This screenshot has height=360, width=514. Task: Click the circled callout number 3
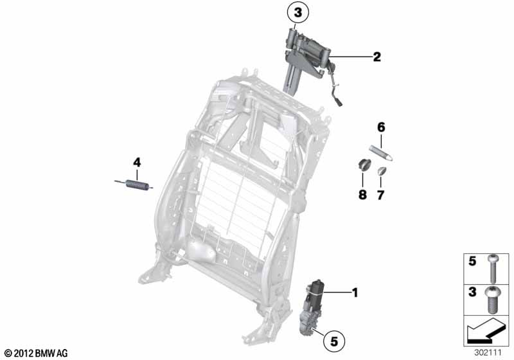tap(297, 13)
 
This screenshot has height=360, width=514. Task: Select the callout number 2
tap(377, 57)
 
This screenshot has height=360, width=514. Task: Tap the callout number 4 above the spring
tap(137, 162)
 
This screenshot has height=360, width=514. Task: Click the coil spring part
tap(134, 184)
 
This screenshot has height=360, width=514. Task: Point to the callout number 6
tap(381, 127)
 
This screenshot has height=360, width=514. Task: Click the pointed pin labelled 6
tap(381, 153)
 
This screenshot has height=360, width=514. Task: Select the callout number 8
tap(362, 195)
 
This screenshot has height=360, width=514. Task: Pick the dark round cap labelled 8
tap(364, 165)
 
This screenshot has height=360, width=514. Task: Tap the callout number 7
tap(380, 195)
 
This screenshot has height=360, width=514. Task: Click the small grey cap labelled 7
tap(382, 171)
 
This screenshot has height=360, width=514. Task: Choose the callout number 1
tap(355, 292)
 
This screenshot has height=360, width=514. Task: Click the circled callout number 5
tap(333, 341)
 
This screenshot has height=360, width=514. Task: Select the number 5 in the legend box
tap(472, 261)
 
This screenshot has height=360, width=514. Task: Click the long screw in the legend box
tap(492, 269)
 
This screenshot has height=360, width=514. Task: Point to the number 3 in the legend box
tap(472, 292)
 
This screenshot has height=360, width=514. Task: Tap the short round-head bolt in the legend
tap(492, 299)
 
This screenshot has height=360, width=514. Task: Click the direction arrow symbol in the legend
tap(484, 332)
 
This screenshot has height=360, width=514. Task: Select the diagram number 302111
tap(488, 353)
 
